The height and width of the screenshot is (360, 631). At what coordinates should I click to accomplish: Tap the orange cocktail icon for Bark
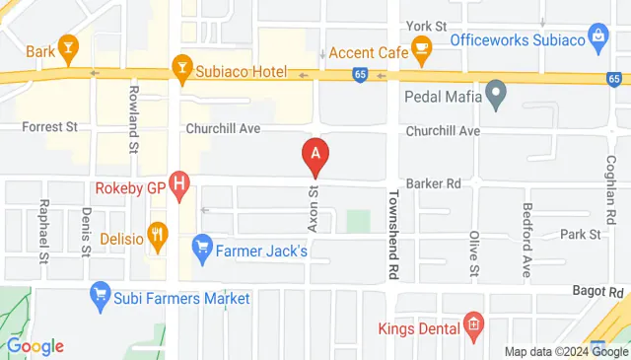point(67,47)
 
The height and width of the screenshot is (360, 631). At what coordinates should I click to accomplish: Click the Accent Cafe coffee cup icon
point(421,47)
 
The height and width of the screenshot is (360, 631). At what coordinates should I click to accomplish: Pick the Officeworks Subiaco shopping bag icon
point(597,37)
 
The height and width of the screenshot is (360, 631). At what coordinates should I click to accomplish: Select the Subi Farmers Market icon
point(100,292)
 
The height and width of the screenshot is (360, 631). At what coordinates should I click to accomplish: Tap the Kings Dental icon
point(473,324)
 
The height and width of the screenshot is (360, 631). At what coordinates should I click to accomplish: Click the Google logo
point(35,346)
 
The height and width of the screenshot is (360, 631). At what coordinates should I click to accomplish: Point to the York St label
point(426,24)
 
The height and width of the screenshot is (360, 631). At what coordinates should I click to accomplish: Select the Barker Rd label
point(440,182)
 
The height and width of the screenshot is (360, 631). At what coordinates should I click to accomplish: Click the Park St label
point(580,234)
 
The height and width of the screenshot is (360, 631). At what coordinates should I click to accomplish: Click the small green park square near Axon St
point(358,221)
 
